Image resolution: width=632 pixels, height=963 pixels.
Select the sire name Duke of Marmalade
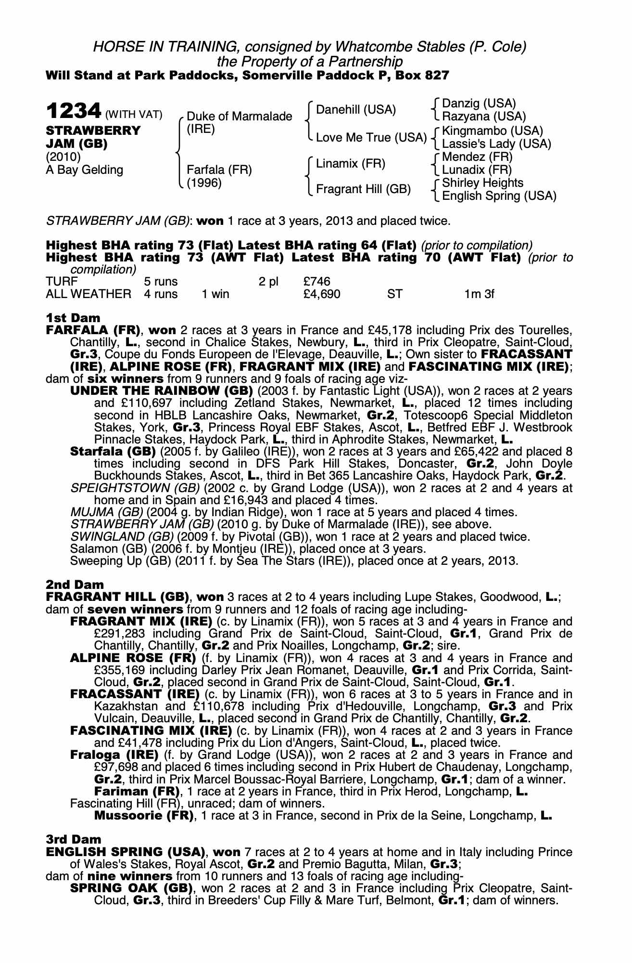click(x=239, y=117)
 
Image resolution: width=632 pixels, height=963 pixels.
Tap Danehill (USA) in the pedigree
click(x=356, y=110)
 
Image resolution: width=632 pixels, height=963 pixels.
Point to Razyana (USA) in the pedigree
click(x=484, y=117)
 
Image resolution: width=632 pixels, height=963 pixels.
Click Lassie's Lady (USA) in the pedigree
click(x=496, y=144)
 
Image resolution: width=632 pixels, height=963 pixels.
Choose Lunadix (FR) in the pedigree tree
click(x=477, y=170)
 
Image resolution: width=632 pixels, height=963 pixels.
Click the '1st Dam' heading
click(x=73, y=318)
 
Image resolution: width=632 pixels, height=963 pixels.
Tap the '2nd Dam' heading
click(x=75, y=585)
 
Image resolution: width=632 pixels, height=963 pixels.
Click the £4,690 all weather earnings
click(x=322, y=294)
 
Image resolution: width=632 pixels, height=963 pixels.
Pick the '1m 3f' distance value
click(x=479, y=294)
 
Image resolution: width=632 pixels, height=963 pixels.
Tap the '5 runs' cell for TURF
click(x=161, y=281)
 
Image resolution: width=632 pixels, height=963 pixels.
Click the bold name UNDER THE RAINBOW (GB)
click(x=162, y=390)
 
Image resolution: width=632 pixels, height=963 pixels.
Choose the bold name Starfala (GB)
click(x=113, y=452)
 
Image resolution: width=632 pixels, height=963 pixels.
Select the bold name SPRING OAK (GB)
click(x=131, y=888)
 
